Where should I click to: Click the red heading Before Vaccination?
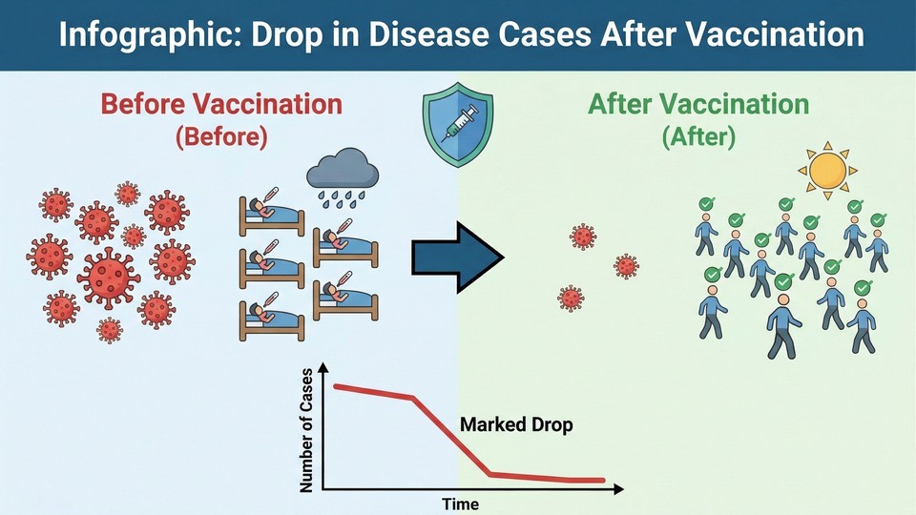pyautogui.click(x=221, y=104)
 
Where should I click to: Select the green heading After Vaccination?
pyautogui.click(x=697, y=104)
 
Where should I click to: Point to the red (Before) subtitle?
pyautogui.click(x=221, y=136)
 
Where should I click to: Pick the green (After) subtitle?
pyautogui.click(x=698, y=136)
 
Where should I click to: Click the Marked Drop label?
pyautogui.click(x=516, y=424)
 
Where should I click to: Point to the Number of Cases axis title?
pyautogui.click(x=307, y=432)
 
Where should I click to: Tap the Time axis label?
pyautogui.click(x=460, y=504)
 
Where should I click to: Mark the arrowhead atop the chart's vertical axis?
pyautogui.click(x=325, y=368)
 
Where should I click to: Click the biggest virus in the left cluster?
pyautogui.click(x=106, y=276)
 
